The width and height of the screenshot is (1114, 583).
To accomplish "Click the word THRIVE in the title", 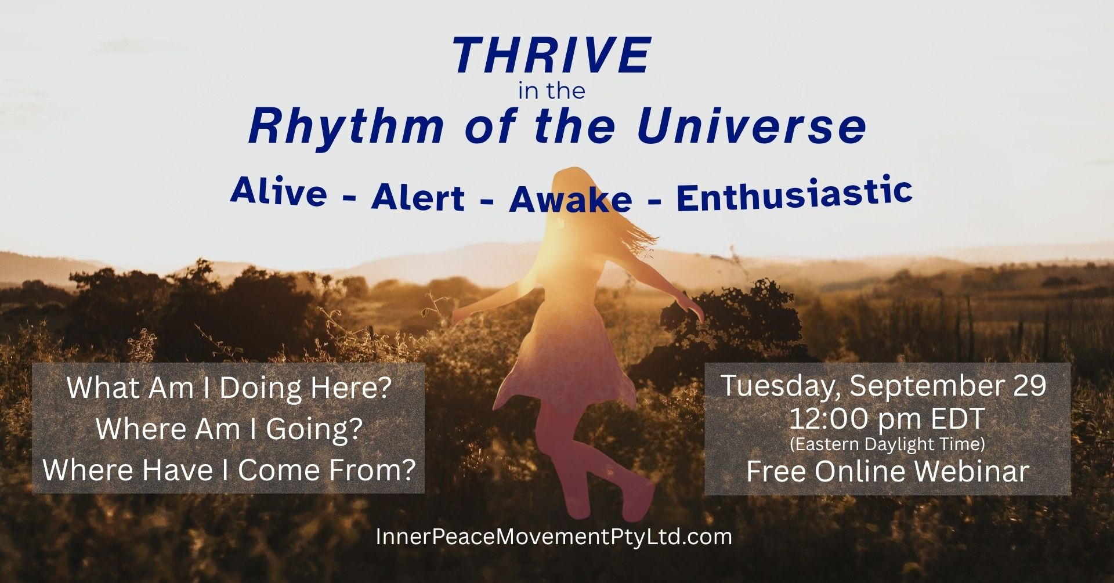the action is click(552, 56).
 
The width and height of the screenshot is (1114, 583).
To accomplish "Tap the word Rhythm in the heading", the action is click(346, 127).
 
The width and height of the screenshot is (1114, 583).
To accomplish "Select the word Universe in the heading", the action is click(751, 126).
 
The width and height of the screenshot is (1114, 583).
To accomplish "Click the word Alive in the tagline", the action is click(278, 191).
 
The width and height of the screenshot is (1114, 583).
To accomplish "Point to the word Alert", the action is click(418, 197).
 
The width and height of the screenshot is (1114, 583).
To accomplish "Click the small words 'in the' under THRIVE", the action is click(551, 91).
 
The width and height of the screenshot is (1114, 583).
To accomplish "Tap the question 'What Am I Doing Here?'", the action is click(229, 388).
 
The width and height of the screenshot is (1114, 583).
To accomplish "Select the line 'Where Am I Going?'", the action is click(229, 429).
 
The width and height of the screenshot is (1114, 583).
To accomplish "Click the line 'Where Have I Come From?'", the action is click(229, 470).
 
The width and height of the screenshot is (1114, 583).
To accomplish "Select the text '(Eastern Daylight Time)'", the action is click(887, 444).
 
